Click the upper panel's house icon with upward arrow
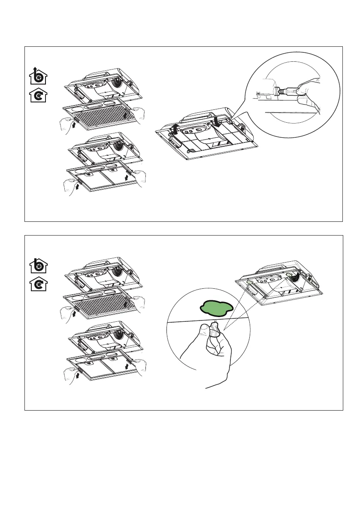pyautogui.click(x=39, y=76)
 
